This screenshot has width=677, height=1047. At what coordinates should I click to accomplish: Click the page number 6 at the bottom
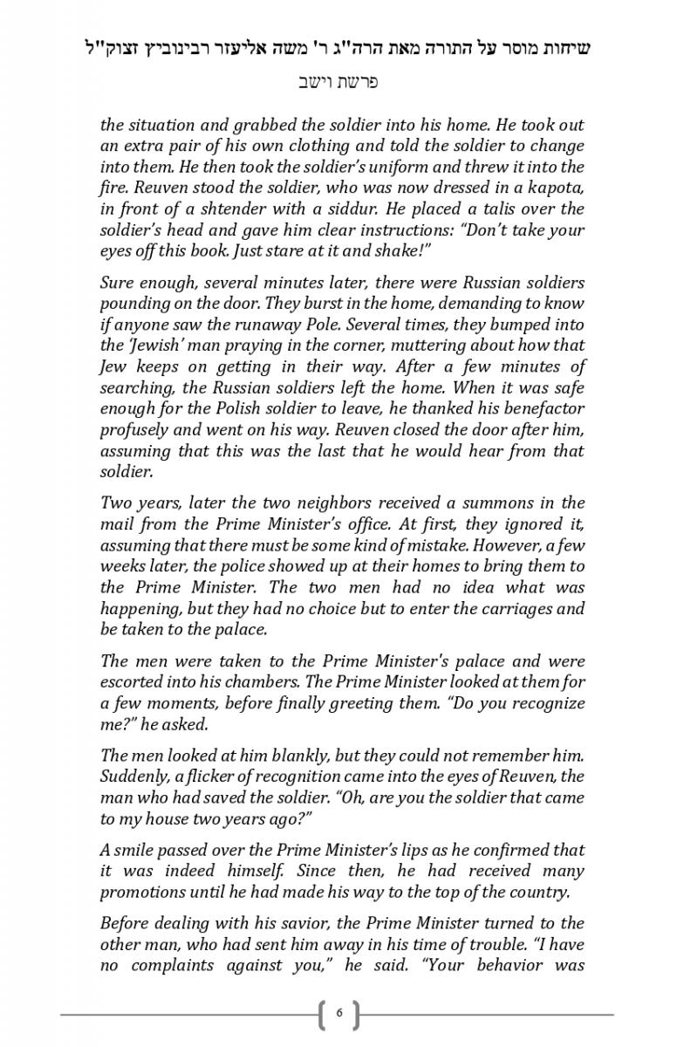point(338,1014)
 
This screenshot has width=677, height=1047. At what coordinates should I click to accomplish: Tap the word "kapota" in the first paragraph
point(557,188)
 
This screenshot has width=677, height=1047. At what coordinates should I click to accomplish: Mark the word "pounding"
point(134,304)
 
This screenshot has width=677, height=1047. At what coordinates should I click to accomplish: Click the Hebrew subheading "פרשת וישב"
point(338,84)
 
